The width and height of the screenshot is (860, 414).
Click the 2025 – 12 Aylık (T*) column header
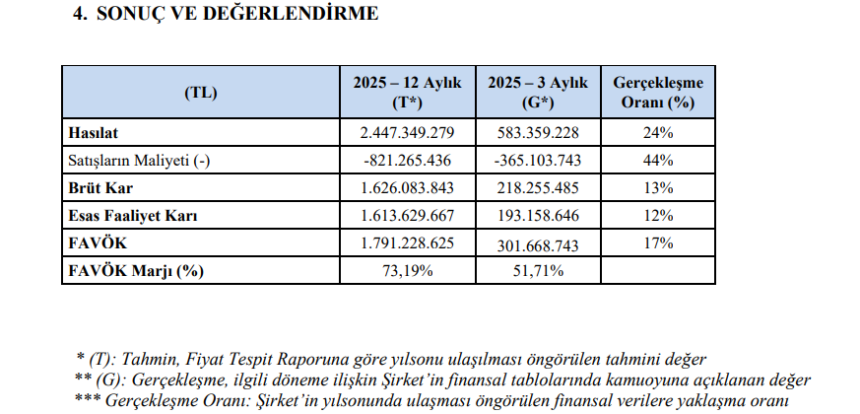407,93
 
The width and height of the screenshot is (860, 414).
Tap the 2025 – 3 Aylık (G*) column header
538,93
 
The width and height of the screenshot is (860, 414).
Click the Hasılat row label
91,132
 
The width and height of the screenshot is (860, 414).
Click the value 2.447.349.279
407,132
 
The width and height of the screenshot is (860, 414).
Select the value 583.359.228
538,132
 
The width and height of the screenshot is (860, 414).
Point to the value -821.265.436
407,160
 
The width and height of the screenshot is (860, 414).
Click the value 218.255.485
538,187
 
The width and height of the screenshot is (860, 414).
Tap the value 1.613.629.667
407,215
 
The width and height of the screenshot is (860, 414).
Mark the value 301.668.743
538,243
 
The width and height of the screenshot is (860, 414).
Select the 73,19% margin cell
407,270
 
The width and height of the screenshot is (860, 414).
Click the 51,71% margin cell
538,270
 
